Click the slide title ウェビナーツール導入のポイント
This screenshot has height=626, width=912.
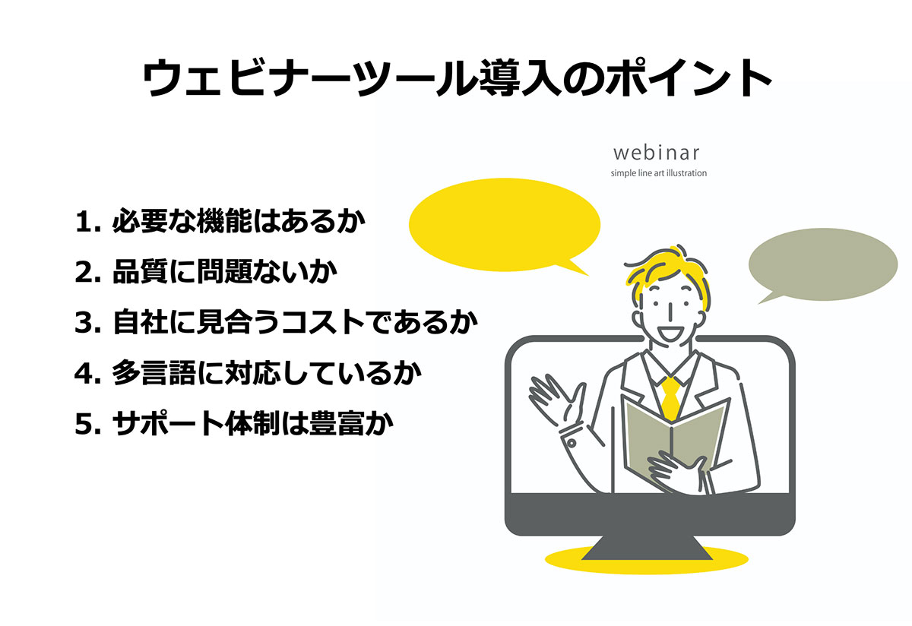click(457, 77)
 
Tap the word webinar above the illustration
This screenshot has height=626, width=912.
click(657, 153)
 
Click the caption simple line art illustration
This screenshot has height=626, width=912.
click(658, 173)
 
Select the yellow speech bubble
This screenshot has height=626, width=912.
click(504, 225)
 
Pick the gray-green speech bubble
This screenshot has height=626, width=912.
click(823, 264)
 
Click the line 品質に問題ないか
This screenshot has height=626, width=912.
click(225, 271)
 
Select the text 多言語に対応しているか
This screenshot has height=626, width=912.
click(267, 373)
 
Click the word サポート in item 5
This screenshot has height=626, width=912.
click(168, 424)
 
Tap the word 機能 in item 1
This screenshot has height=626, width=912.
click(224, 221)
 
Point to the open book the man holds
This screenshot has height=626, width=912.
click(675, 441)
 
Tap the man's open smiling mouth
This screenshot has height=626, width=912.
click(669, 334)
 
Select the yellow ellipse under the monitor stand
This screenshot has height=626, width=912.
click(647, 561)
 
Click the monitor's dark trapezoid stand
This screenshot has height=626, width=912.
click(647, 548)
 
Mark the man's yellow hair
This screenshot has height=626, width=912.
click(668, 272)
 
